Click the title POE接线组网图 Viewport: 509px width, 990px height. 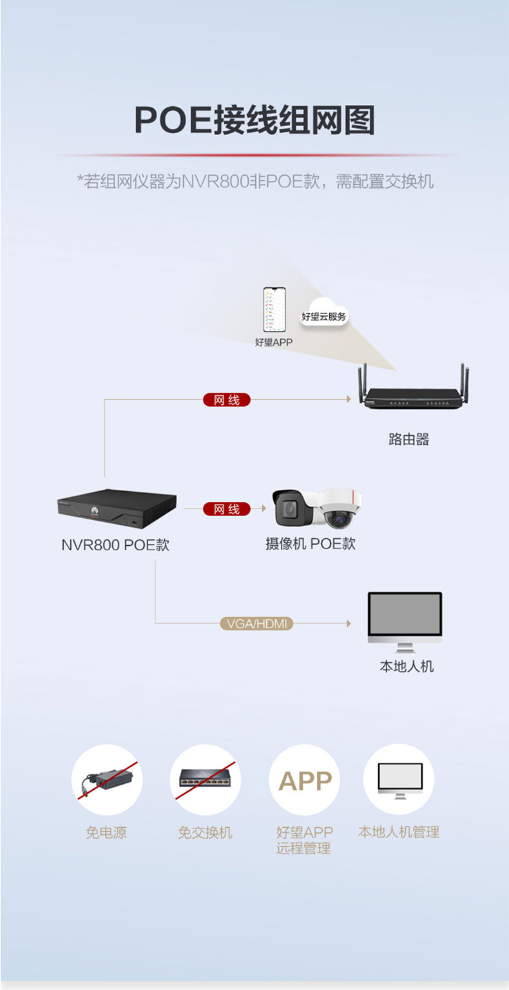[254, 120]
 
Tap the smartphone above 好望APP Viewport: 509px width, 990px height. [274, 310]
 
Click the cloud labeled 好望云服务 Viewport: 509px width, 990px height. [324, 313]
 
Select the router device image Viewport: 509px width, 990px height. [414, 387]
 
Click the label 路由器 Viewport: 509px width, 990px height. [409, 439]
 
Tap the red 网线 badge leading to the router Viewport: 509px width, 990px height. [227, 400]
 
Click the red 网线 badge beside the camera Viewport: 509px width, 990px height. [227, 509]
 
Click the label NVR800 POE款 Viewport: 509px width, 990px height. [115, 545]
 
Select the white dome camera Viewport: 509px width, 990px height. [340, 509]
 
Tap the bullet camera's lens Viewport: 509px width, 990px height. [289, 509]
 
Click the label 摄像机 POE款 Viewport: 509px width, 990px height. [311, 543]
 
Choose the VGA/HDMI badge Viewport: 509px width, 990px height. [256, 623]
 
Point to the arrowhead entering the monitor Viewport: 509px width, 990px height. [349, 623]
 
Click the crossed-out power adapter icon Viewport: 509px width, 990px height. [106, 780]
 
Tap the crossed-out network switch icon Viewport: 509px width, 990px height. [205, 780]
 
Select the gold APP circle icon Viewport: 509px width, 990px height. [304, 780]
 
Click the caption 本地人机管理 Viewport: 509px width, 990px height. [399, 832]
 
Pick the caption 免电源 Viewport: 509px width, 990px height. [106, 833]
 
